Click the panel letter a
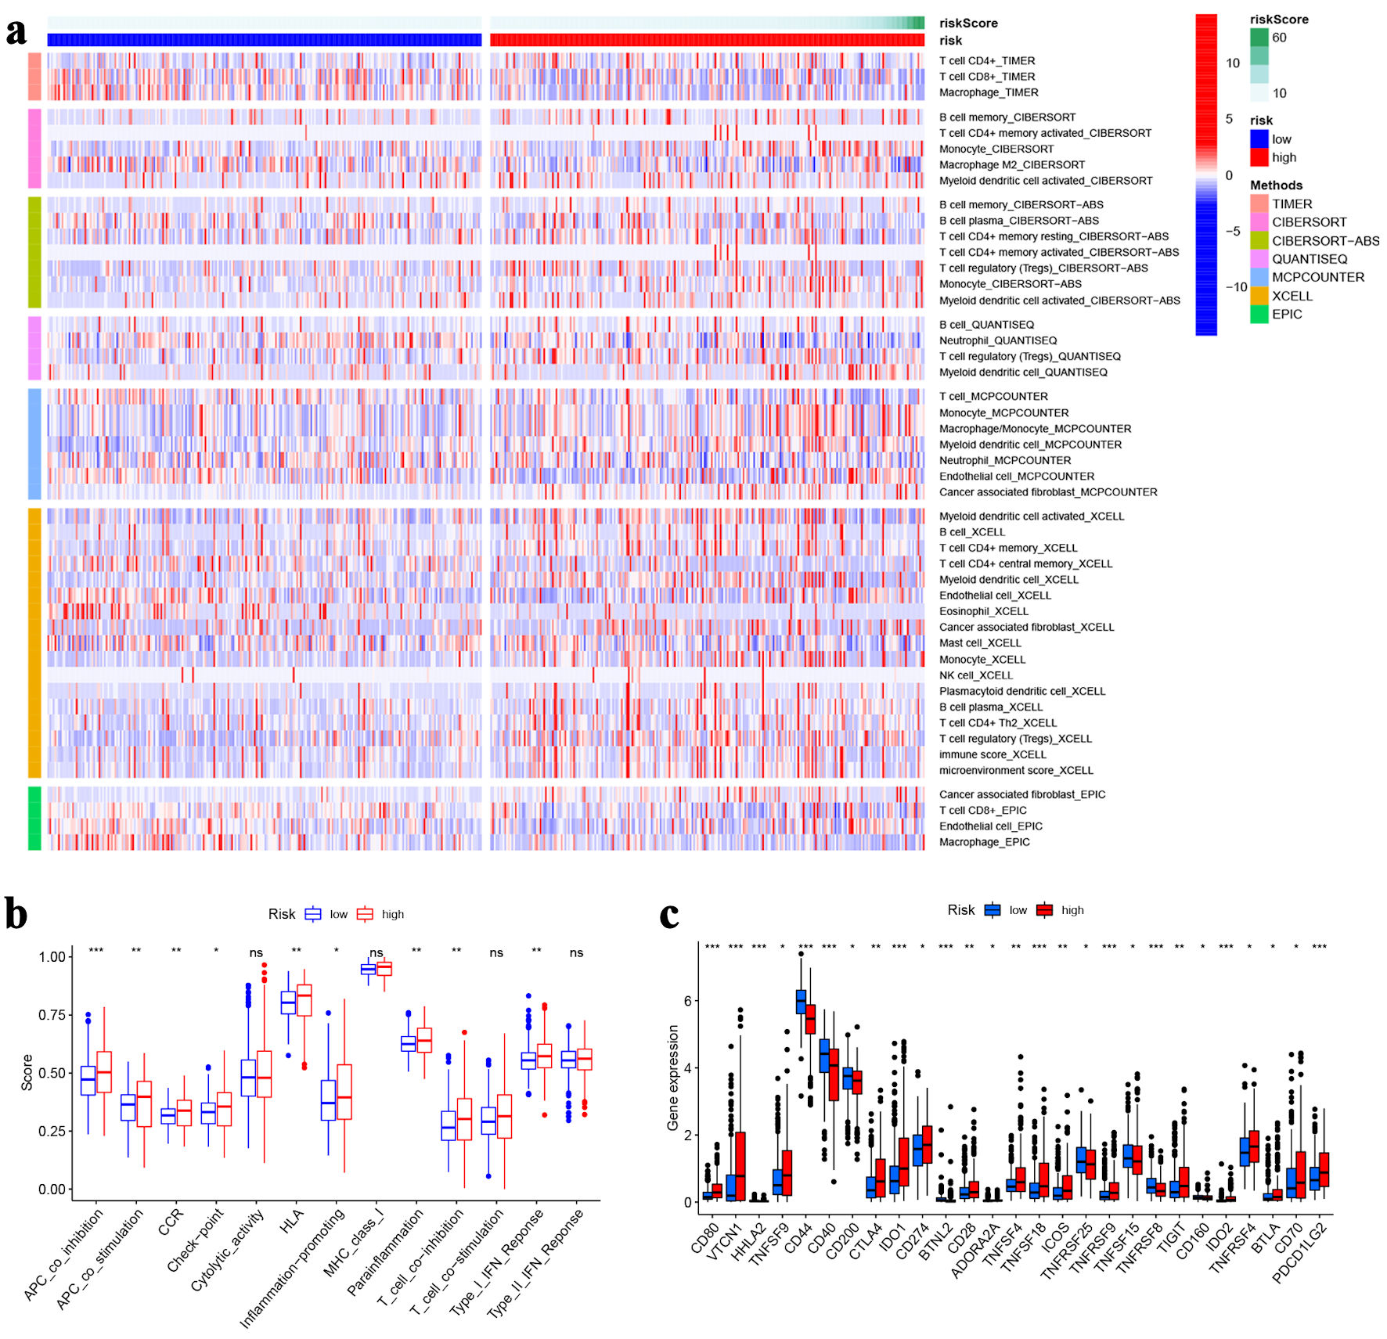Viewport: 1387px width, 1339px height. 16,32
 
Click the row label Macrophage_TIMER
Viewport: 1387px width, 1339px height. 988,92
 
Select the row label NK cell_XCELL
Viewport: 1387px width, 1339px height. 975,675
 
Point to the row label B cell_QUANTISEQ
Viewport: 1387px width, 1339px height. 985,325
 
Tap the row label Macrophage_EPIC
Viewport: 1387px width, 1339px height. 984,842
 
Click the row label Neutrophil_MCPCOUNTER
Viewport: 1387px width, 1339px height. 1004,460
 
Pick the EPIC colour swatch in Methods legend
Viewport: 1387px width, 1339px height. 1259,315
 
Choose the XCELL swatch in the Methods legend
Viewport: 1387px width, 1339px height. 1259,296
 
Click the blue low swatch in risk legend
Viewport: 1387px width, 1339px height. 1259,139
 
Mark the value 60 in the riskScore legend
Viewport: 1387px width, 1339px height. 1279,38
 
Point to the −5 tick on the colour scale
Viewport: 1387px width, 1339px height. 1233,232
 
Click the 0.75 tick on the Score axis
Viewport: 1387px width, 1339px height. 52,1015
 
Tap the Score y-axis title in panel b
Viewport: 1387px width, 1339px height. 27,1072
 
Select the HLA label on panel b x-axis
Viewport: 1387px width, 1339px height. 291,1222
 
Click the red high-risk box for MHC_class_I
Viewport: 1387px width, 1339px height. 384,969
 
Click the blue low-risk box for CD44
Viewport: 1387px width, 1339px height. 801,1002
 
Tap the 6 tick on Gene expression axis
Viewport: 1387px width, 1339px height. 687,1001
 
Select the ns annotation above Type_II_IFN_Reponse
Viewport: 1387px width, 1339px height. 576,953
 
